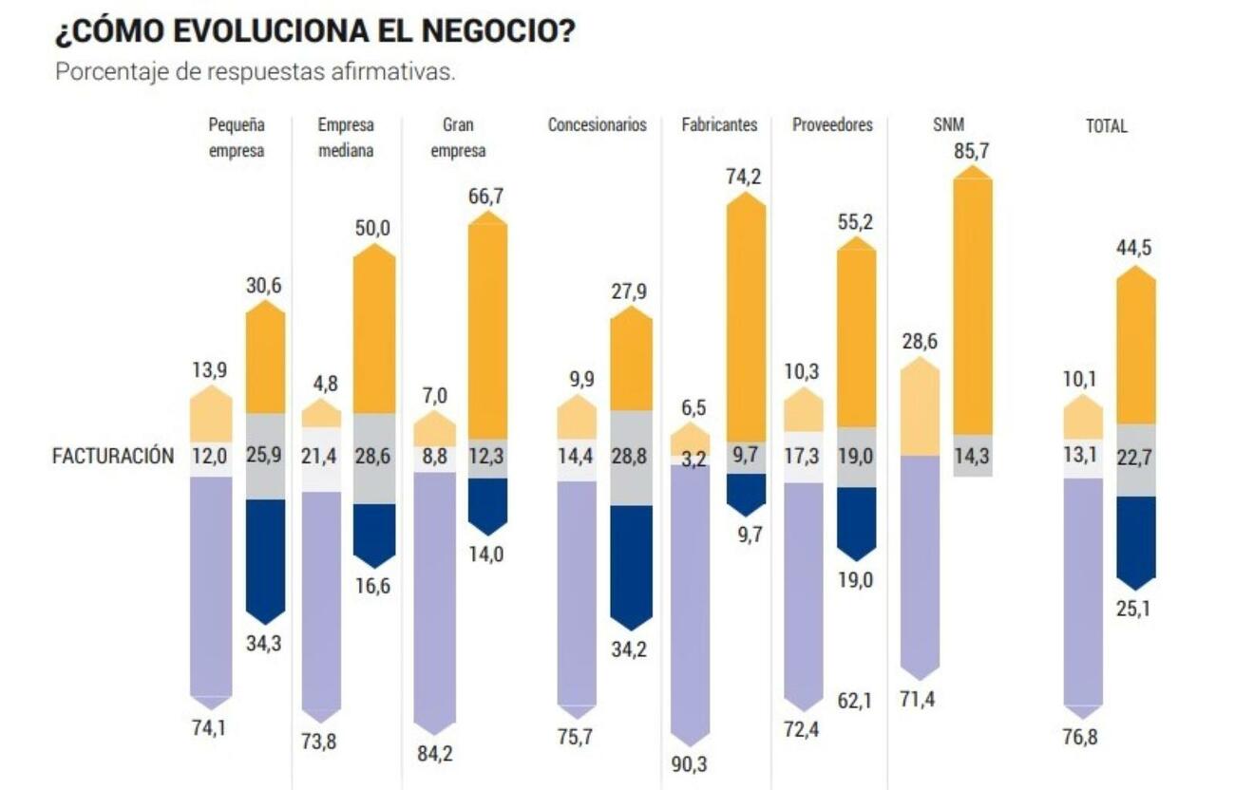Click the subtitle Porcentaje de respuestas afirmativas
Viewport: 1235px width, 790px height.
[x=255, y=72]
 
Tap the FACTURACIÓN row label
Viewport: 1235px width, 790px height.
[x=113, y=456]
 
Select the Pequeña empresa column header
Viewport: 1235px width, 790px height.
[x=237, y=138]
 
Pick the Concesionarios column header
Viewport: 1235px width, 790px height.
[x=597, y=125]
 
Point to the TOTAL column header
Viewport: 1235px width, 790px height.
[x=1107, y=125]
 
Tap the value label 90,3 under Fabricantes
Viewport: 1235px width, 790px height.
[x=690, y=763]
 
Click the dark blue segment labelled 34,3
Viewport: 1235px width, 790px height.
[x=265, y=555]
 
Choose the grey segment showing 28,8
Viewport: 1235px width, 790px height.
[x=631, y=457]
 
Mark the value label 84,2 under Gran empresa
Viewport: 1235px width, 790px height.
[x=435, y=754]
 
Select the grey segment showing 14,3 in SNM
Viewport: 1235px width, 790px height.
[x=972, y=455]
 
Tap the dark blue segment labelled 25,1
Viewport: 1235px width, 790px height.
[x=1135, y=536]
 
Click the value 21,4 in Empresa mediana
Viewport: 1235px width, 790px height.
[x=322, y=457]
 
